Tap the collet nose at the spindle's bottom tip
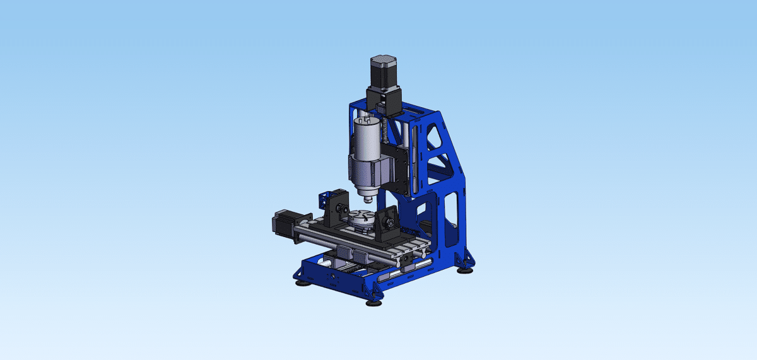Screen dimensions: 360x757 (369, 197)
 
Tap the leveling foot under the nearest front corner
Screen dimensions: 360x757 (373, 303)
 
